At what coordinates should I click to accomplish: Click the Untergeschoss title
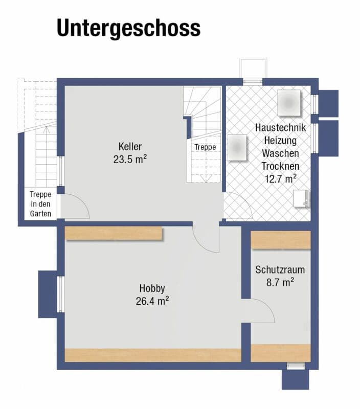pos(129,28)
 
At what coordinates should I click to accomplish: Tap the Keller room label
pos(130,147)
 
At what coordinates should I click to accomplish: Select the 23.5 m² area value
pos(130,159)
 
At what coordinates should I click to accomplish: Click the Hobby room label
pos(152,288)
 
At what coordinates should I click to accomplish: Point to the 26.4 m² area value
pos(152,301)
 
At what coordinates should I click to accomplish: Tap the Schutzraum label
pos(280,270)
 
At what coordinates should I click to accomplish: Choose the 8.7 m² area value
pos(280,282)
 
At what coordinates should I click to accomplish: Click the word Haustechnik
pos(280,127)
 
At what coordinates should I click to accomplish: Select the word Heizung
pos(280,141)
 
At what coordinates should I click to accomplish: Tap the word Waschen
pos(280,153)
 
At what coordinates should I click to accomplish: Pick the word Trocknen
pos(280,166)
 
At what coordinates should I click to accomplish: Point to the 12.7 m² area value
pos(280,179)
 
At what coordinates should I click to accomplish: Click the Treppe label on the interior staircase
pos(205,147)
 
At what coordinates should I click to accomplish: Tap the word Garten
pos(40,214)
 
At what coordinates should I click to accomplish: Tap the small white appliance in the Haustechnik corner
pos(301,199)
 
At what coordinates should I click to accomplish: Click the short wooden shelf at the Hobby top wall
pos(114,233)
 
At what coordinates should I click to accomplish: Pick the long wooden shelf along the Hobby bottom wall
pos(153,355)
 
